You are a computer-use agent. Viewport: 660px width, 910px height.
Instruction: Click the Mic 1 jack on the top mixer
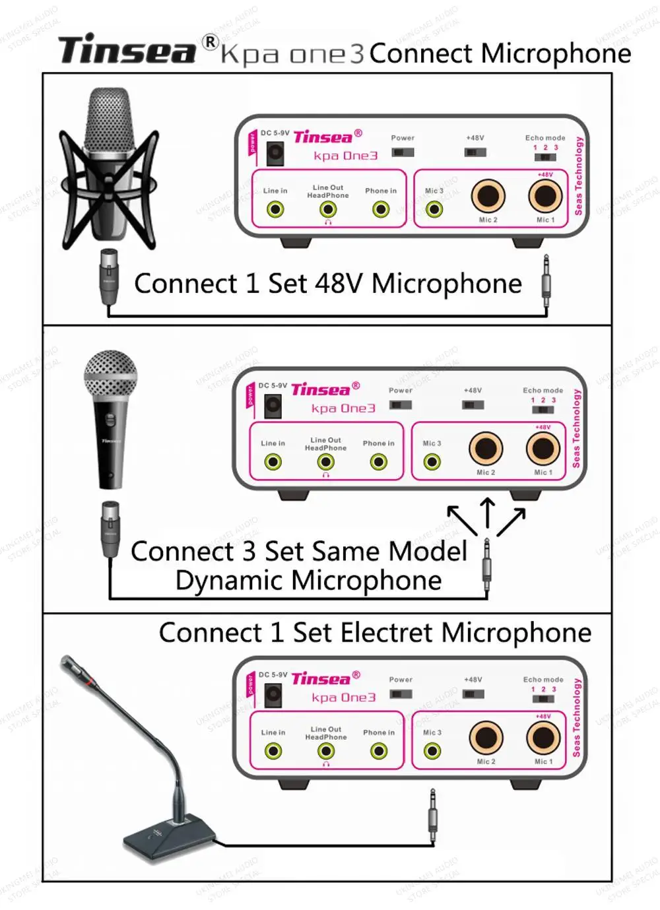pos(545,196)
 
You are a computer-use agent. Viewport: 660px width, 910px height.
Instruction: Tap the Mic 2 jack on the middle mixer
pos(486,449)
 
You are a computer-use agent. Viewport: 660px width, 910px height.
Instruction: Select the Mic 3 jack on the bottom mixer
pos(432,751)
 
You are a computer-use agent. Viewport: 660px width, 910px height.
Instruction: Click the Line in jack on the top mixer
pos(275,210)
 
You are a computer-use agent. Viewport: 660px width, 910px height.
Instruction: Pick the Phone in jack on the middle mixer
pos(379,462)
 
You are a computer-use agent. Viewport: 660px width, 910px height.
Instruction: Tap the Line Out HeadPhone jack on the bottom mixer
pos(326,751)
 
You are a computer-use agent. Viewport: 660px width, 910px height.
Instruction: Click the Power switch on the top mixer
pos(403,152)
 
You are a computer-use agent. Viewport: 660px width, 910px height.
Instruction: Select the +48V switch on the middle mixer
pos(473,405)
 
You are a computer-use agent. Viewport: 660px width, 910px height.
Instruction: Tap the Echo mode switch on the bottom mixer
pos(543,699)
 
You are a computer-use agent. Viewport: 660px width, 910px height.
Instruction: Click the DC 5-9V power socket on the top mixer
pos(275,154)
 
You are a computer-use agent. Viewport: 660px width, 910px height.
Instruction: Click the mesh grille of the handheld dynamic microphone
pos(110,374)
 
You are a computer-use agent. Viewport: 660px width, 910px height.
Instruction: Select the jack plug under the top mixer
pos(546,280)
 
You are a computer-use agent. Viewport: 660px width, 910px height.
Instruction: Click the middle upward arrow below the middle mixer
pos(488,512)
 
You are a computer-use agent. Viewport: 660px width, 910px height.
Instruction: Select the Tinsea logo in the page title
pos(127,51)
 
